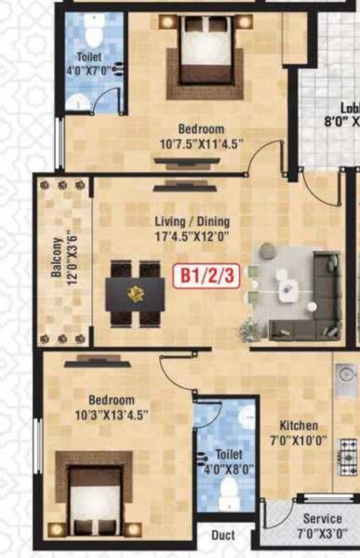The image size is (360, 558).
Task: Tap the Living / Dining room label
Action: point(193,221)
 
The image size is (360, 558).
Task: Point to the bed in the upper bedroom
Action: point(204,56)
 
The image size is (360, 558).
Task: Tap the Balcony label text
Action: point(58,261)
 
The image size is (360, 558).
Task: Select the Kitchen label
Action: point(299,424)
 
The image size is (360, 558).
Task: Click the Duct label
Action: point(222,537)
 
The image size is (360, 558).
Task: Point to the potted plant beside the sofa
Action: point(251,326)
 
